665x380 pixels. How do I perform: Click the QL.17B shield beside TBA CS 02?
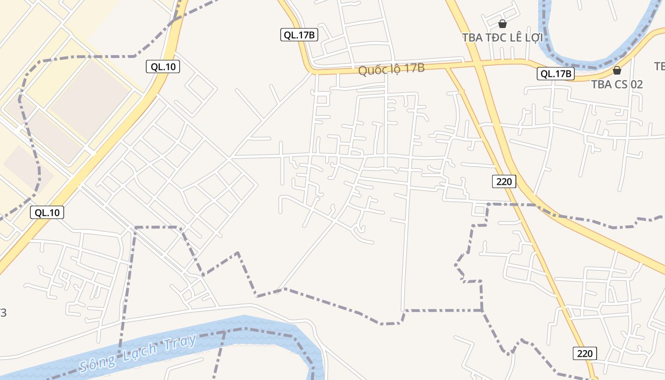point(556,74)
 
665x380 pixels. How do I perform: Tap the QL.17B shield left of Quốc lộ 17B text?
point(299,35)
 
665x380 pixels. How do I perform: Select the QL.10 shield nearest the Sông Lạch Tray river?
point(47,212)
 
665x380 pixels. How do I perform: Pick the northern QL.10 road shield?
point(163,66)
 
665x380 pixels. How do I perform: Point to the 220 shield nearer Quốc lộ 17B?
point(504,181)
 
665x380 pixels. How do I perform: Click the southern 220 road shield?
point(585,353)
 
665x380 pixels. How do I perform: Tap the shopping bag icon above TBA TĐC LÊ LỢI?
point(502,23)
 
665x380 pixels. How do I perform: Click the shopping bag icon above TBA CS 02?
point(617,70)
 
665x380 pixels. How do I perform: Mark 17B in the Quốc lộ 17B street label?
point(415,68)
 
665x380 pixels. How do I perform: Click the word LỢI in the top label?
point(534,38)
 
